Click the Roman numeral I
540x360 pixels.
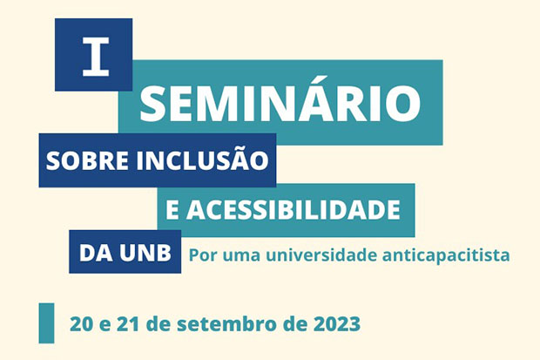point(96,57)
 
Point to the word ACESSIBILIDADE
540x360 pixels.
point(294,210)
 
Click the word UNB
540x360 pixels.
point(145,253)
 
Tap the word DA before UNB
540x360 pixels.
point(96,253)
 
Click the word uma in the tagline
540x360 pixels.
point(241,257)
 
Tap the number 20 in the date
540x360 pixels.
point(81,324)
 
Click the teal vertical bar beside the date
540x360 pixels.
point(46,323)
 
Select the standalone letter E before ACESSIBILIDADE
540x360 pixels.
point(172,210)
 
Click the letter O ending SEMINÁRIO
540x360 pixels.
point(403,102)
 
